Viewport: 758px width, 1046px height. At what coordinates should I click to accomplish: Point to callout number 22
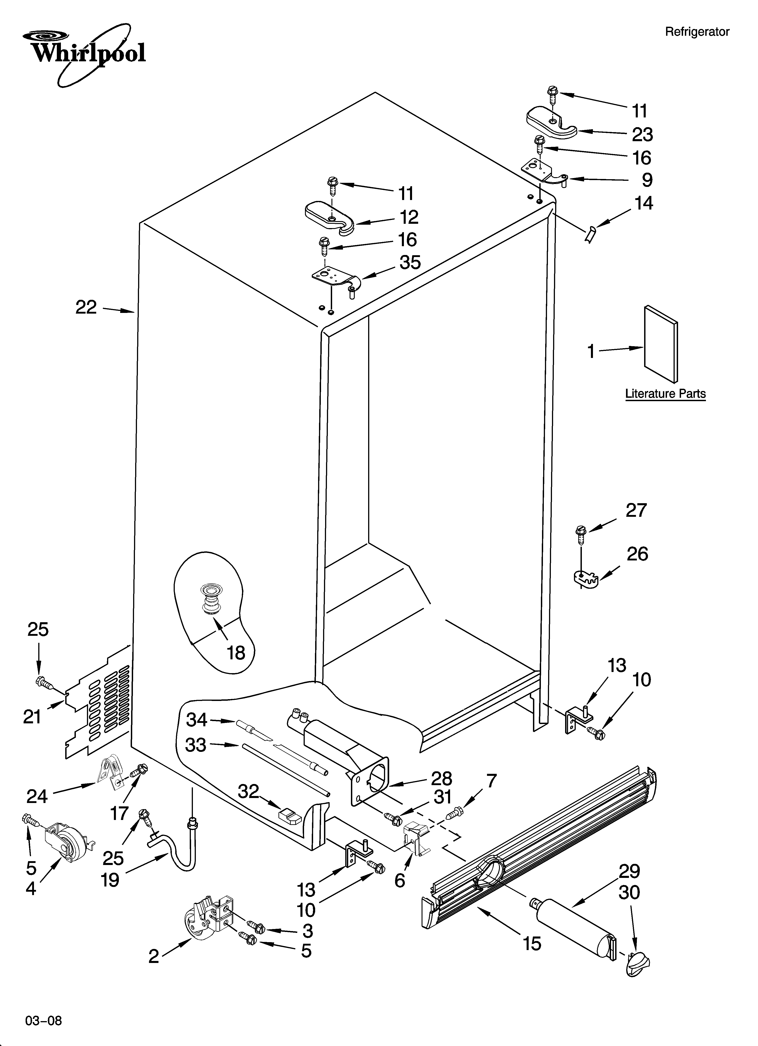click(86, 307)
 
